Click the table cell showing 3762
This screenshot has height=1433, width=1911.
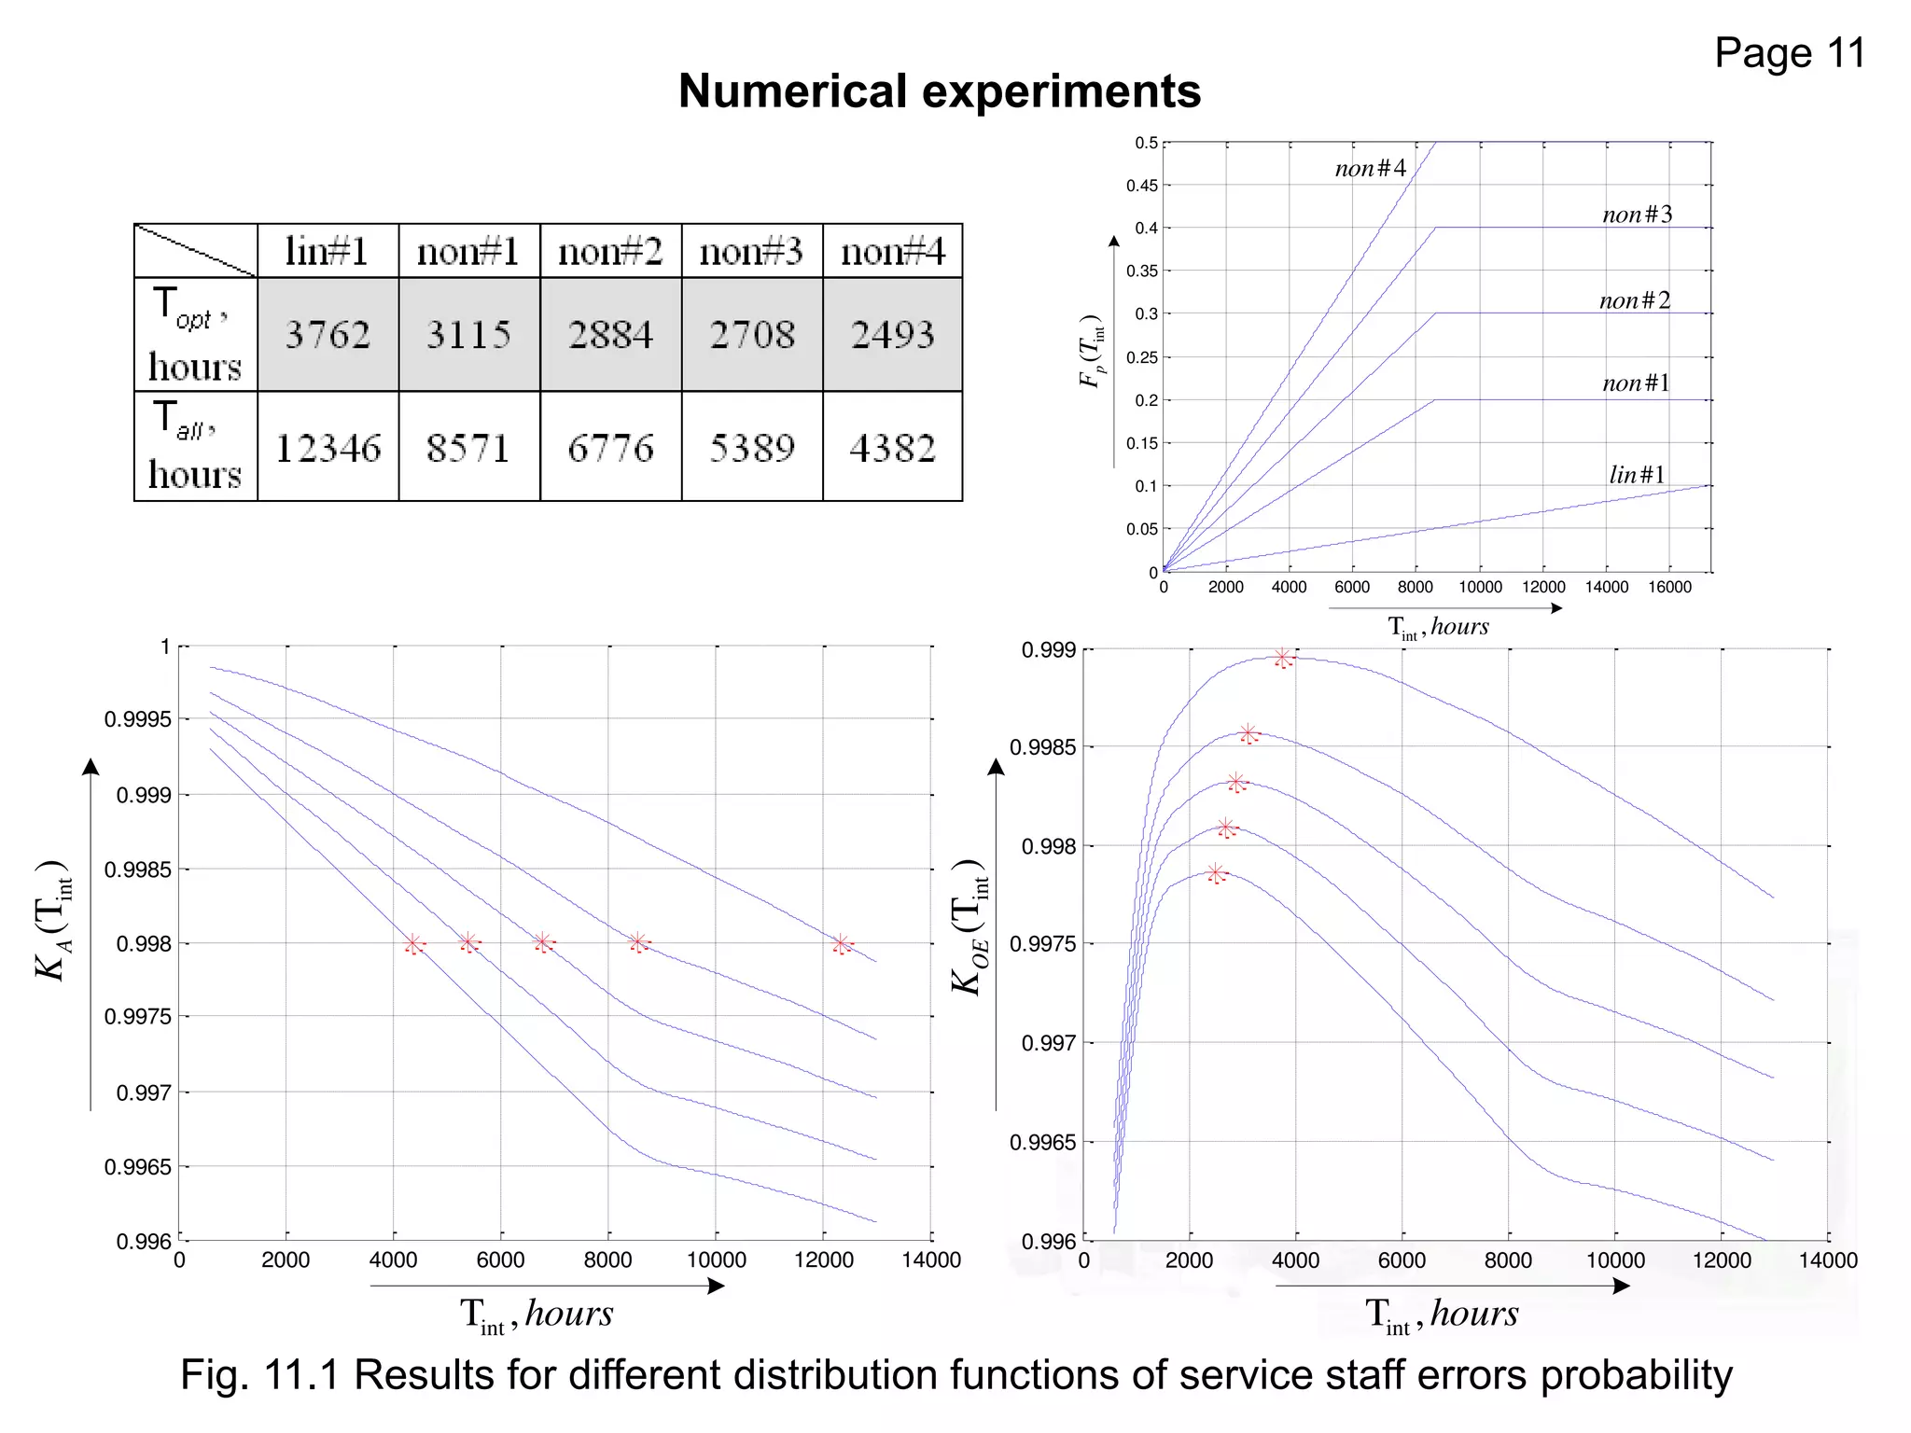[328, 334]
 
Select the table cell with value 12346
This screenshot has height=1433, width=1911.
[328, 448]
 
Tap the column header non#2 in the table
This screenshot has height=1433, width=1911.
[610, 251]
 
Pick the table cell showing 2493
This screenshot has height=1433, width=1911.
[892, 334]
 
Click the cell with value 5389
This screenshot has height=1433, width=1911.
[752, 448]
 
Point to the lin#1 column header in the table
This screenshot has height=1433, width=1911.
[328, 251]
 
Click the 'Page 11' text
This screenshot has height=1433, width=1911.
[1789, 53]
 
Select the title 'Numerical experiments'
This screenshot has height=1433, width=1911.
[939, 91]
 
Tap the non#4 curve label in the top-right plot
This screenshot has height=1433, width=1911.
[1370, 168]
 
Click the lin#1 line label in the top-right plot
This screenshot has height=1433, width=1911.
[1637, 474]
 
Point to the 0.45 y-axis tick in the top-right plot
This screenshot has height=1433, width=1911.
[1142, 186]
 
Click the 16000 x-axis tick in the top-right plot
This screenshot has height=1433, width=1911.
[1669, 587]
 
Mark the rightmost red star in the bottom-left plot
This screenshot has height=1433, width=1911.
[842, 944]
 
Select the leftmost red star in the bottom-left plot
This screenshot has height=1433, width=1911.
[413, 944]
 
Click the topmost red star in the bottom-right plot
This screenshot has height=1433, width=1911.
[1283, 659]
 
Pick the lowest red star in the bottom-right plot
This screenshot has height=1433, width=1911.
[1215, 873]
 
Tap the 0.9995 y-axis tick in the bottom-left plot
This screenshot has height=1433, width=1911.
[138, 719]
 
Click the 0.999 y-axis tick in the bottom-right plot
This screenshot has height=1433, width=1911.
[1049, 649]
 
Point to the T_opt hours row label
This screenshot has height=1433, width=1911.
[195, 334]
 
